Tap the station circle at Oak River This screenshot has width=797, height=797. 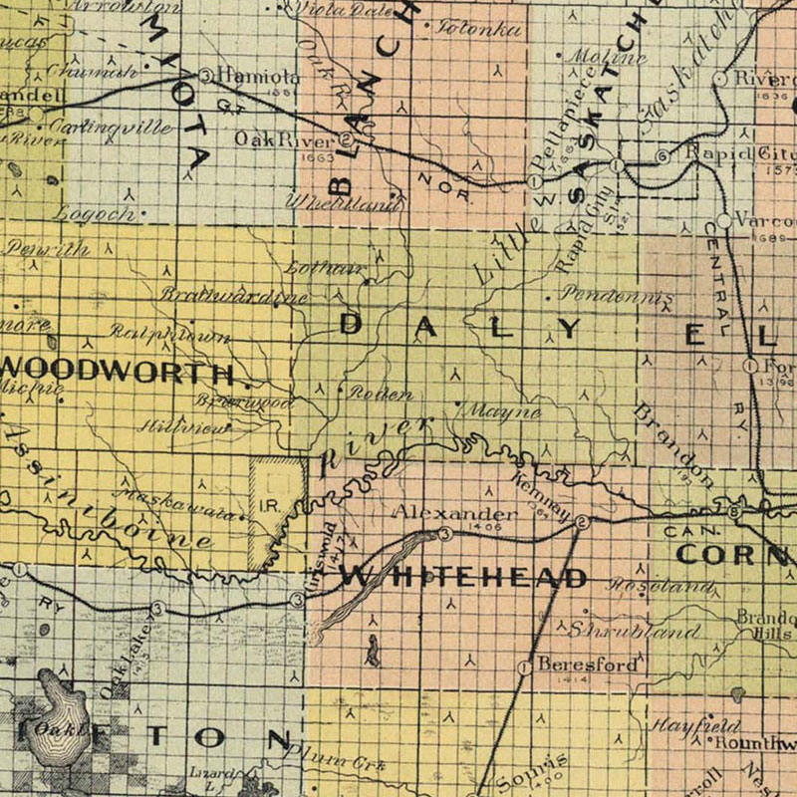[x=345, y=138]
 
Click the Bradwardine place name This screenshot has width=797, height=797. [x=235, y=296]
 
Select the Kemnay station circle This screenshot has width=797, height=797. [x=581, y=521]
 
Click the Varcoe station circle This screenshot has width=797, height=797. [x=725, y=221]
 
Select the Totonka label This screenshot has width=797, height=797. [x=479, y=29]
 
